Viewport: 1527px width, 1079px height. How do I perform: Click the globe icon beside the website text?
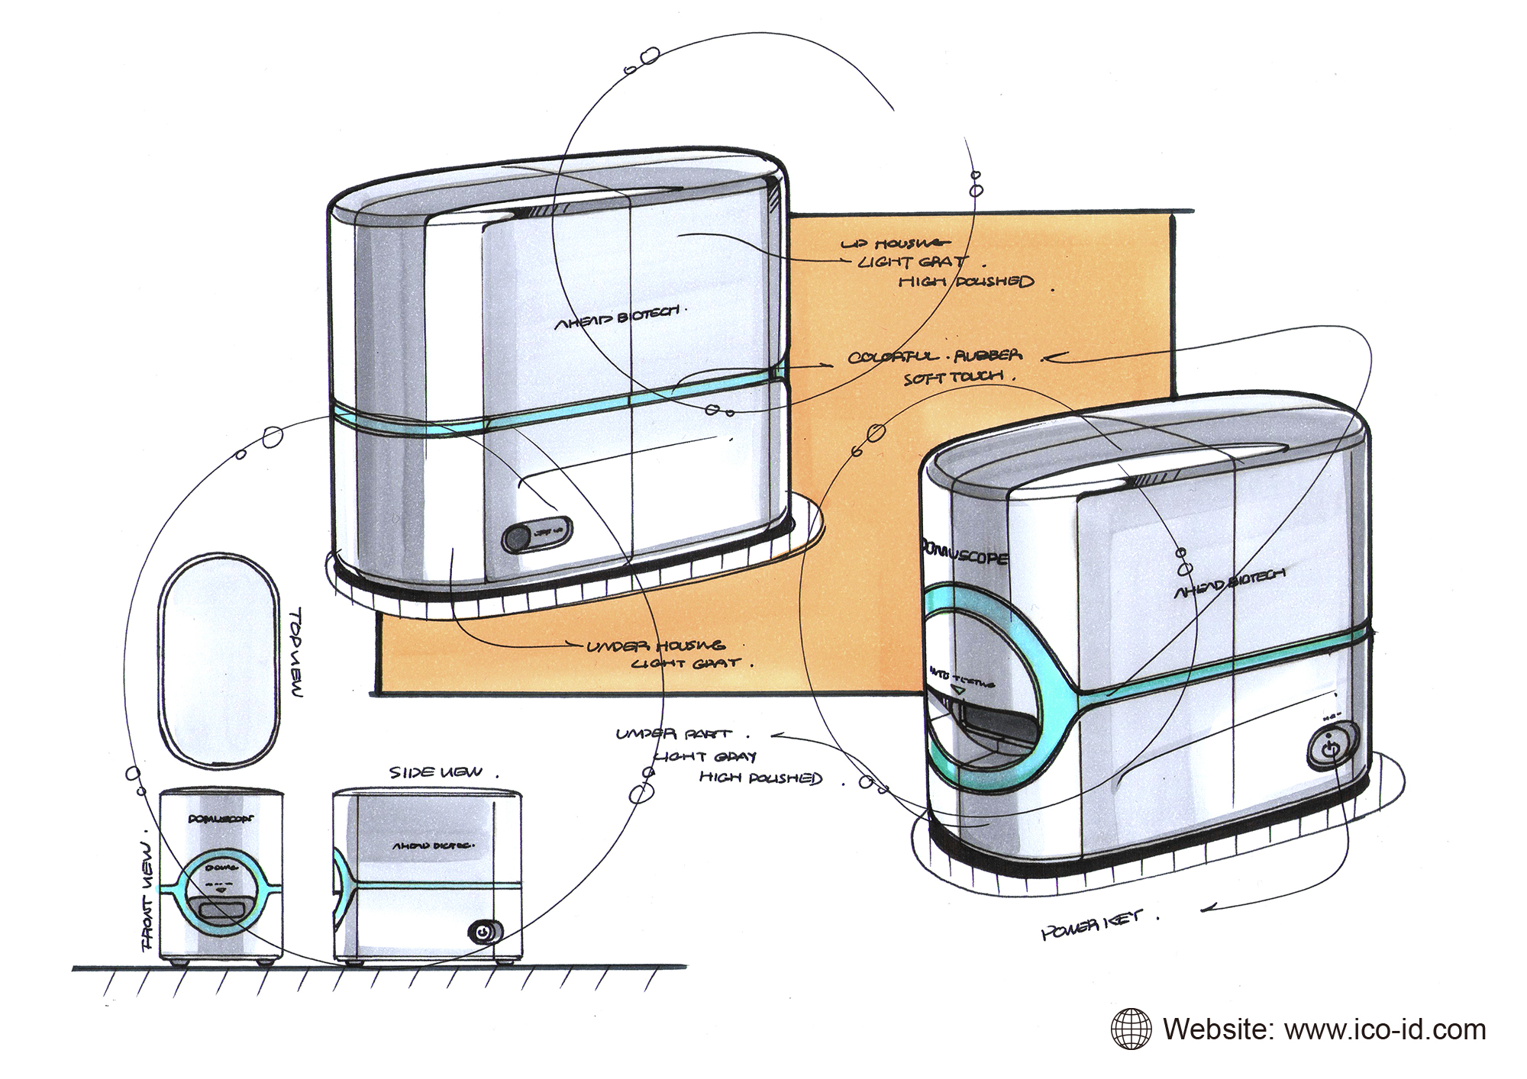(1132, 1029)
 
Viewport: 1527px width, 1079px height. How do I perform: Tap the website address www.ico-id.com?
(1385, 1029)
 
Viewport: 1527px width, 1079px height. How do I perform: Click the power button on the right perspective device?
(1331, 746)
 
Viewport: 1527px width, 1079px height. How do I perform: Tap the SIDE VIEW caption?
(437, 772)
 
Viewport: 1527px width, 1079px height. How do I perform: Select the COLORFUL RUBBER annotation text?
(935, 356)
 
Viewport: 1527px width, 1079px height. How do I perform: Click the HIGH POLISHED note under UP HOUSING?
(966, 282)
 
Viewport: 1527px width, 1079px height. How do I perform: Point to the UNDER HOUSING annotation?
(655, 647)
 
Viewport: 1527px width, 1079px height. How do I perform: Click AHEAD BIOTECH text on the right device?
(1228, 581)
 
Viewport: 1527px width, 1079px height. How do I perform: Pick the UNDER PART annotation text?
(673, 733)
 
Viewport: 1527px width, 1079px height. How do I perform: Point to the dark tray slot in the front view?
(220, 910)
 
